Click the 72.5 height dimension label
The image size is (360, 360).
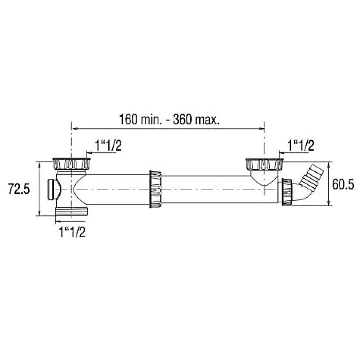tap(19, 189)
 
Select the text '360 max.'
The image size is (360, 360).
tap(196, 120)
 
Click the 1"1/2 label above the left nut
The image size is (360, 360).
tap(108, 146)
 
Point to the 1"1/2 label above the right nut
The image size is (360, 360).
tap(301, 146)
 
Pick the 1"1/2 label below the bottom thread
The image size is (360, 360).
tap(72, 232)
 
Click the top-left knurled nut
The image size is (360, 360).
tap(72, 164)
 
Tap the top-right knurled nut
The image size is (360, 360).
tap(264, 164)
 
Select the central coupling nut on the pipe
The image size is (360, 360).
tap(156, 189)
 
